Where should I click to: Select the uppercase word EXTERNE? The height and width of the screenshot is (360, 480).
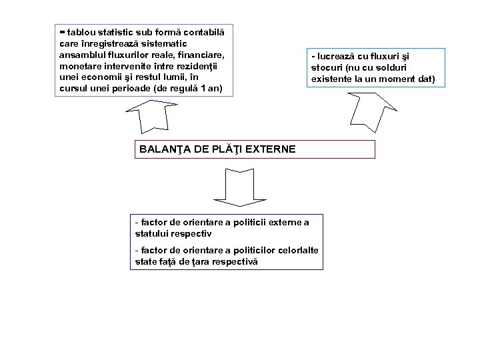(271, 149)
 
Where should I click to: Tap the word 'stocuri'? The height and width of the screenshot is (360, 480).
(327, 68)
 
